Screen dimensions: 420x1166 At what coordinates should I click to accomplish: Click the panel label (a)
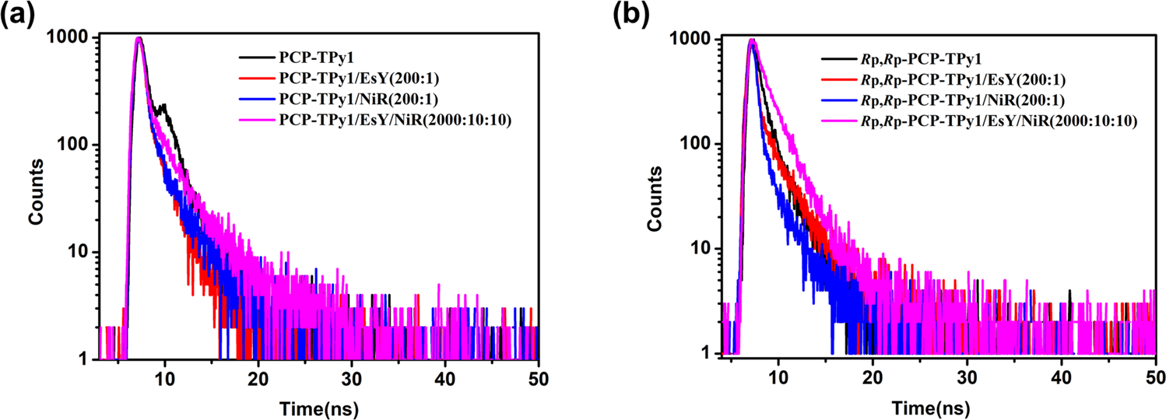pos(17,15)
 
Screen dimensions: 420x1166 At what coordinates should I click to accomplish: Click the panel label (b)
pos(630,15)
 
